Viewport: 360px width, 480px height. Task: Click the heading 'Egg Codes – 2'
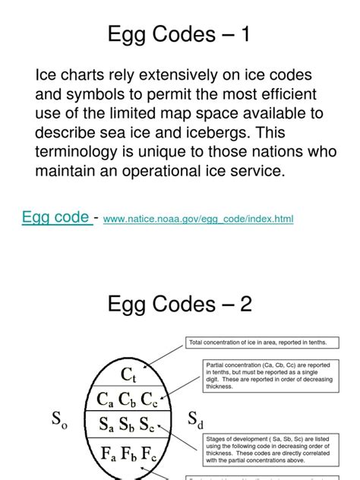click(x=180, y=305)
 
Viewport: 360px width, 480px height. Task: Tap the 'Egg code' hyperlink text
click(x=54, y=218)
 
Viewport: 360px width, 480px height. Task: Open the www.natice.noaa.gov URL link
click(x=197, y=219)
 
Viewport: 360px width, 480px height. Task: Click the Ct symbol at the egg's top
click(x=128, y=374)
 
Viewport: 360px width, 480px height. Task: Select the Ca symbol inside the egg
click(x=105, y=398)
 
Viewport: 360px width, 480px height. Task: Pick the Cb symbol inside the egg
click(x=129, y=398)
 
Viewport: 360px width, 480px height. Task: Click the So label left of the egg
click(x=58, y=420)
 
